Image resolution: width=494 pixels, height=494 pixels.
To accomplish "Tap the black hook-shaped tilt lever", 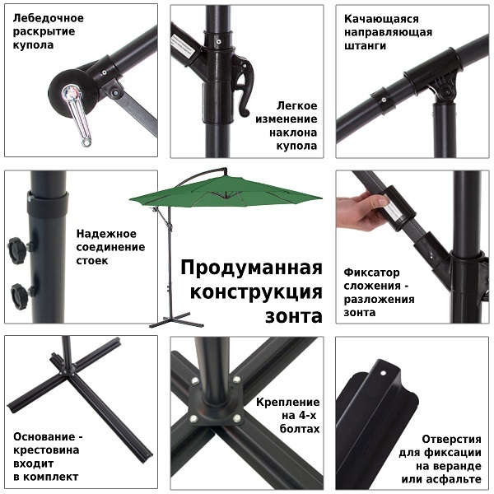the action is (244, 85).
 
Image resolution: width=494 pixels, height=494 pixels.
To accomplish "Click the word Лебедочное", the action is (49, 18).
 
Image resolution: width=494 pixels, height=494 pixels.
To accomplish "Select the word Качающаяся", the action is (381, 19).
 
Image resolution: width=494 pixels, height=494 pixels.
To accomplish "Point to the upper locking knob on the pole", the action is (16, 250).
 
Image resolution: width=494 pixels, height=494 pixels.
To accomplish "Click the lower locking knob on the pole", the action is (21, 296).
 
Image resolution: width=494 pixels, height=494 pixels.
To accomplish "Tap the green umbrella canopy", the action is (226, 192).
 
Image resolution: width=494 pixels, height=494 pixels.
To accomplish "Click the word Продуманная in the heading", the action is (251, 268).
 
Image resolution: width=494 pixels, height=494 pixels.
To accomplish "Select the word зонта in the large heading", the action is (294, 316).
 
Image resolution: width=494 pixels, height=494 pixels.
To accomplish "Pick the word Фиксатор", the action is (371, 273).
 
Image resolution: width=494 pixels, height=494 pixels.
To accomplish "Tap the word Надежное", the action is (106, 234).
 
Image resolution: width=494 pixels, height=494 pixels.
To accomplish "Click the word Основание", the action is (44, 436).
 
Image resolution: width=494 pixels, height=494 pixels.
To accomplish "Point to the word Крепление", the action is (287, 402).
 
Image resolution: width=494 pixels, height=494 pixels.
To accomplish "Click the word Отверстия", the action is (451, 439).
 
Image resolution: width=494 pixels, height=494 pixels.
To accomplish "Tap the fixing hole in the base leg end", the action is (383, 373).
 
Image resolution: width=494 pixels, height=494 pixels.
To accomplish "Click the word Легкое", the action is (296, 105).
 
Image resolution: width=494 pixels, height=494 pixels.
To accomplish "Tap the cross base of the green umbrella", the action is (176, 320).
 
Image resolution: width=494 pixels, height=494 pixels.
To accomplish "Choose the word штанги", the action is (365, 45).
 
